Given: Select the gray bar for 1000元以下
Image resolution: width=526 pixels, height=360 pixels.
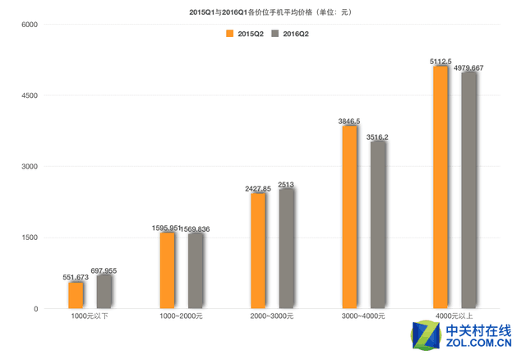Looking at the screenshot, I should pyautogui.click(x=104, y=292).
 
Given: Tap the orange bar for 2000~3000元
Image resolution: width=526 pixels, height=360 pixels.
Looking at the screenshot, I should pyautogui.click(x=258, y=251).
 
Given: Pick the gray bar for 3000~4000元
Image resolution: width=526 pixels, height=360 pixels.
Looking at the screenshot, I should pyautogui.click(x=378, y=225).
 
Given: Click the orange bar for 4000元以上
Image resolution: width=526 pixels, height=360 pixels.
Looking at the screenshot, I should pyautogui.click(x=441, y=187).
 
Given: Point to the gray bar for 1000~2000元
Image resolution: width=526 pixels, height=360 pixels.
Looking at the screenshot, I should pyautogui.click(x=195, y=271).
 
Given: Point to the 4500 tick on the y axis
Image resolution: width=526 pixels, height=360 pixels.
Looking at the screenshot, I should pyautogui.click(x=30, y=95).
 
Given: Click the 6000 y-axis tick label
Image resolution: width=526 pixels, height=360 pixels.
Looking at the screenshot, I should pyautogui.click(x=30, y=25).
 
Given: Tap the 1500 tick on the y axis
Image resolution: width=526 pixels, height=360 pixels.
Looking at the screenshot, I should pyautogui.click(x=30, y=238).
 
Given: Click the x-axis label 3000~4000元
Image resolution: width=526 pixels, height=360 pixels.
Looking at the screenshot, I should pyautogui.click(x=363, y=316).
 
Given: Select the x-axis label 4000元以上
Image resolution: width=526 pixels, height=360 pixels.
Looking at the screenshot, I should pyautogui.click(x=454, y=316).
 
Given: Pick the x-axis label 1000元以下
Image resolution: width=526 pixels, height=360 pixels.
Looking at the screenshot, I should pyautogui.click(x=90, y=316).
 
